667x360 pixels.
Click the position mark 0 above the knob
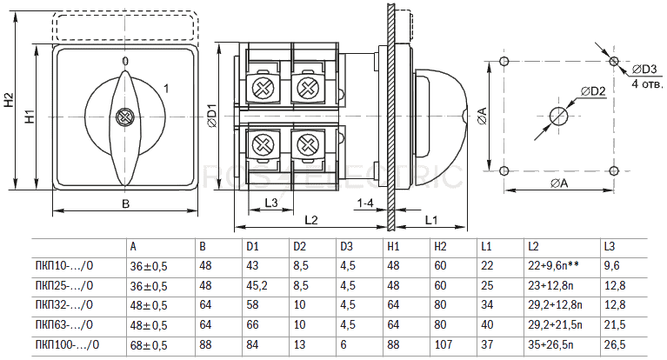click(x=125, y=61)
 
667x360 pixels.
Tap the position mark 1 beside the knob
click(x=166, y=87)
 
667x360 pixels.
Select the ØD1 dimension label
click(x=211, y=117)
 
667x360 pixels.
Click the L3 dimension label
click(x=270, y=203)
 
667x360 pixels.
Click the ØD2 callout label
click(x=593, y=90)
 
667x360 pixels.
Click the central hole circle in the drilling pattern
click(x=558, y=115)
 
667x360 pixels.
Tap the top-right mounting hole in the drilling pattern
click(x=614, y=60)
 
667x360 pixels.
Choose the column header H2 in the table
click(x=440, y=247)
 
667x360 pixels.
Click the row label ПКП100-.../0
click(x=68, y=345)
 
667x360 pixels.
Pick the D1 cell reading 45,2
click(x=257, y=285)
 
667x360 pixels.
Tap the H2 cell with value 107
click(x=442, y=345)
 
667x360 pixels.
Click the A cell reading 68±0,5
click(x=149, y=345)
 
